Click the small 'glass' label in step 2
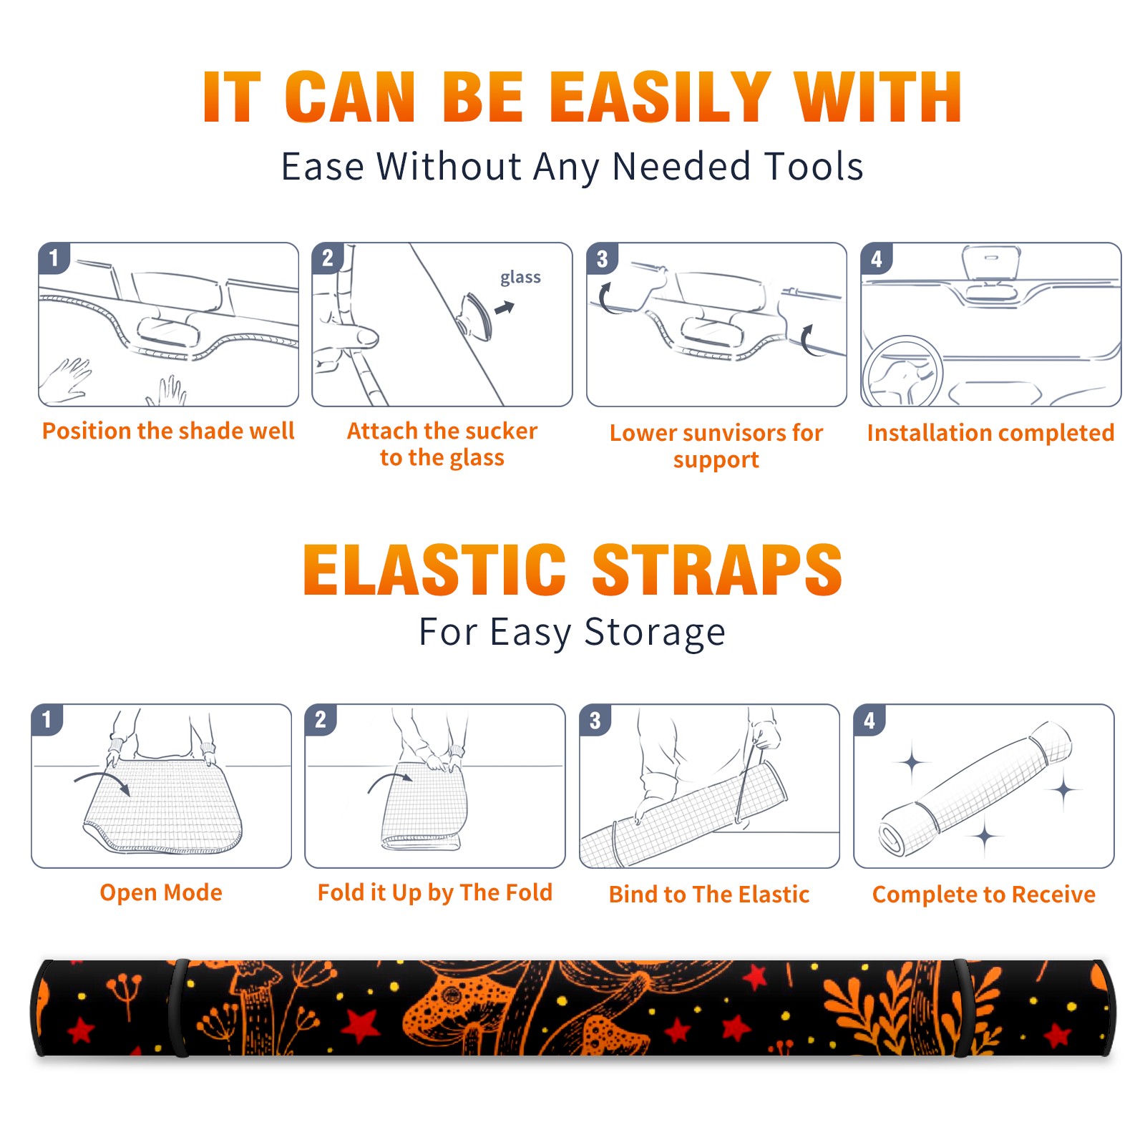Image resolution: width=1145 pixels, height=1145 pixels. click(520, 277)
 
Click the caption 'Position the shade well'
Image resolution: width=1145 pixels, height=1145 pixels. click(168, 431)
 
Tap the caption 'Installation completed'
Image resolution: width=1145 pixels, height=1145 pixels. click(990, 433)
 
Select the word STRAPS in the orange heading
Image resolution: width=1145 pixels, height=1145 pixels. click(717, 570)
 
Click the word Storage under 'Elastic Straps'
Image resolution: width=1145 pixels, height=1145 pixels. click(655, 633)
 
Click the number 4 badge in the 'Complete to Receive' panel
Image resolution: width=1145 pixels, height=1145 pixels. click(869, 720)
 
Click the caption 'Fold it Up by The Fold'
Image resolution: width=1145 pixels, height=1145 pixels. click(435, 892)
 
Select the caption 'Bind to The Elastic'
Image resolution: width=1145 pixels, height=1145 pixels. click(709, 895)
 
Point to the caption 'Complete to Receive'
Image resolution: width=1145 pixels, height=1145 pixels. click(984, 895)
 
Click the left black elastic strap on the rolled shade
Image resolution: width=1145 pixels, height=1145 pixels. click(179, 1008)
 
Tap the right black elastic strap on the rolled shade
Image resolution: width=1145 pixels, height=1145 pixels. click(962, 1008)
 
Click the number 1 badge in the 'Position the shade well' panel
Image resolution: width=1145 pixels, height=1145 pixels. click(54, 258)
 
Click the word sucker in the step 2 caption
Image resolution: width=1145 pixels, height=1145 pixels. click(501, 431)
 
